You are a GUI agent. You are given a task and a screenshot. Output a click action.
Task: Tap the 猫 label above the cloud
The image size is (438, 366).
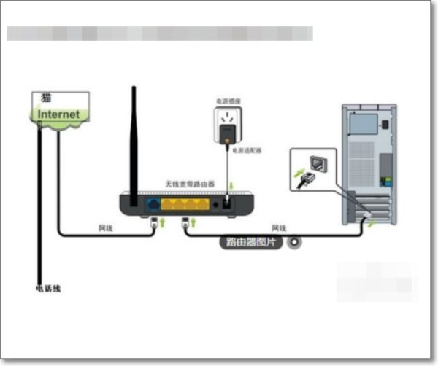[x=46, y=98]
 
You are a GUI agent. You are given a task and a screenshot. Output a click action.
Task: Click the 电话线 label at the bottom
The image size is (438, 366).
[x=49, y=289]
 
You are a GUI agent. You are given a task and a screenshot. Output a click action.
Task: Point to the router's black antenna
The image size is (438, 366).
[x=134, y=139]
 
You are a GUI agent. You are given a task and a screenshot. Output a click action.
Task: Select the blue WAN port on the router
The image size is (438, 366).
[x=154, y=205]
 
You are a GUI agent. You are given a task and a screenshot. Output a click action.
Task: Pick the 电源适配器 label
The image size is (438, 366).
[x=247, y=150]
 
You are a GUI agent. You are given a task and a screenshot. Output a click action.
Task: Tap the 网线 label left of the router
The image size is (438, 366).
[x=106, y=228]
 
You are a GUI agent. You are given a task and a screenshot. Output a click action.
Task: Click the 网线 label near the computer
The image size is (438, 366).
[x=279, y=228]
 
